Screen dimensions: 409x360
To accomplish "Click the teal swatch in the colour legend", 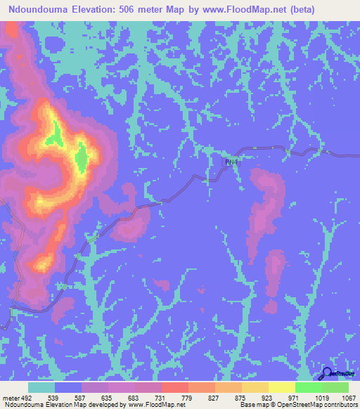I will [41, 387].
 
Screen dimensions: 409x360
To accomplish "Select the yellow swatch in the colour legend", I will [281, 387].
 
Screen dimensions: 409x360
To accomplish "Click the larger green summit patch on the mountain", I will [82, 157].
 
